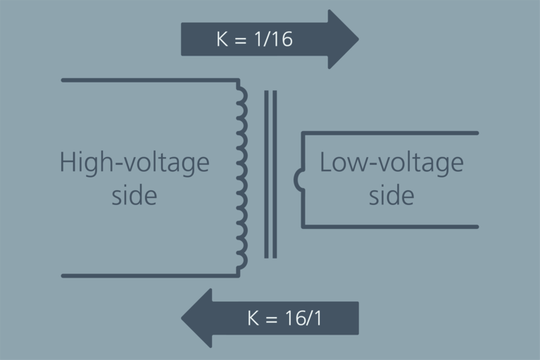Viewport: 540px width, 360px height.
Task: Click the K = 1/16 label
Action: coord(254,39)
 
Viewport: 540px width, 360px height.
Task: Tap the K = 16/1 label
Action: coord(284,318)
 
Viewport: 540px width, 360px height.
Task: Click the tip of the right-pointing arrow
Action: coord(357,39)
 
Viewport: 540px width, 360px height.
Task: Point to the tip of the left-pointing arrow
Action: coord(183,318)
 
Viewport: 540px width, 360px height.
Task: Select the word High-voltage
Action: coord(134,163)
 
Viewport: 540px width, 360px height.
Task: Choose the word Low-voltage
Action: coord(391,163)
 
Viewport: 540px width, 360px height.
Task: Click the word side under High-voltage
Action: coord(134,195)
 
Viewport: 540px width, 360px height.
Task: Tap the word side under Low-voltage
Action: coord(391,195)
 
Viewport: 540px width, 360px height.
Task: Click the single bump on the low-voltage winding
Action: coord(299,180)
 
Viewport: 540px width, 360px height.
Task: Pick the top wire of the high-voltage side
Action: coord(148,80)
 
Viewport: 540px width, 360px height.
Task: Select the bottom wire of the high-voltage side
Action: coord(148,275)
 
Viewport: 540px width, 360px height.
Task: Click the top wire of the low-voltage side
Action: coord(391,133)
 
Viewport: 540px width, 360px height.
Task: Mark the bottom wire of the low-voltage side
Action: coord(391,227)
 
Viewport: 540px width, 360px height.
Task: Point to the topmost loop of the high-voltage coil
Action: coord(243,92)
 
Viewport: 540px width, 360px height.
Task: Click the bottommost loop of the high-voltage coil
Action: coord(243,263)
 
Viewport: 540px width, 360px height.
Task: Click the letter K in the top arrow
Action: coord(222,39)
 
